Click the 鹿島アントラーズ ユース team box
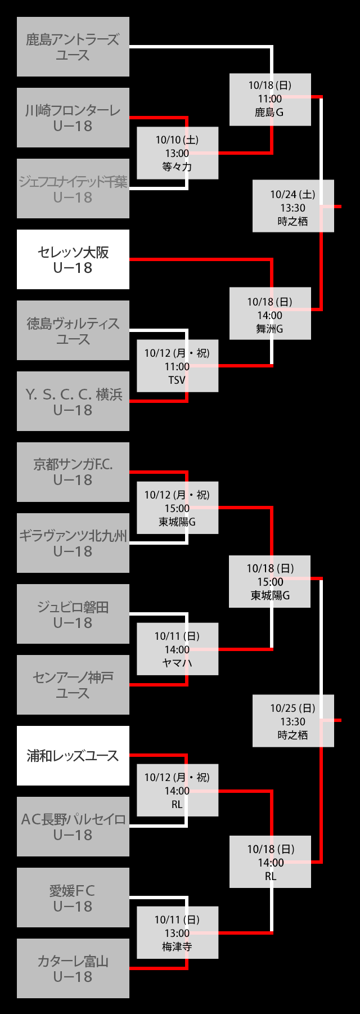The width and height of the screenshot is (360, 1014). pos(73,47)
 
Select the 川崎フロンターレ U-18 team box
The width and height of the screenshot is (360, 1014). pos(73,118)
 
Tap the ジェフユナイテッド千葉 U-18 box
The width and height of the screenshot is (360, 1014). pos(73,189)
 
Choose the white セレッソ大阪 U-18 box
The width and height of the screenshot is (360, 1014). pos(73,259)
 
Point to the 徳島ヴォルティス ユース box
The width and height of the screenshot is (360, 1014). pos(73,330)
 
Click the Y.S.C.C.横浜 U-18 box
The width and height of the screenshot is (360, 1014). pos(73,401)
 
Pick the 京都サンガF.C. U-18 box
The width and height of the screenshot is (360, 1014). pos(73,472)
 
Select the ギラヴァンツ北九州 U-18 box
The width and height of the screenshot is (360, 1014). pos(73,543)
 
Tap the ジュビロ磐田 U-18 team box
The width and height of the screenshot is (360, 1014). pos(73,614)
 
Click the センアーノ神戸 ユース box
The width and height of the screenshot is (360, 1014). pos(73,685)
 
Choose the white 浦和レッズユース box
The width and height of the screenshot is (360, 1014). pos(73,756)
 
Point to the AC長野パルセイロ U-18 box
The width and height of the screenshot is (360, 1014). pos(73,827)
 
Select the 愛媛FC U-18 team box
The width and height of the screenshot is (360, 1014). pos(73,898)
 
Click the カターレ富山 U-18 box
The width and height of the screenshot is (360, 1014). pos(73,968)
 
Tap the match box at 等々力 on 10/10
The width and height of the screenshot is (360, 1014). pos(177,153)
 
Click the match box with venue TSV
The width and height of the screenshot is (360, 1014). pos(177,366)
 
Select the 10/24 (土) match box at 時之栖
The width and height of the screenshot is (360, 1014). pos(292,206)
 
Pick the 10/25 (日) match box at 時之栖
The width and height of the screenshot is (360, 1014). pos(292,721)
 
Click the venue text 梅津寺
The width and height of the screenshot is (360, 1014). pos(177,946)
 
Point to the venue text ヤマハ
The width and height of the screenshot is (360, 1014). pos(177,663)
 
